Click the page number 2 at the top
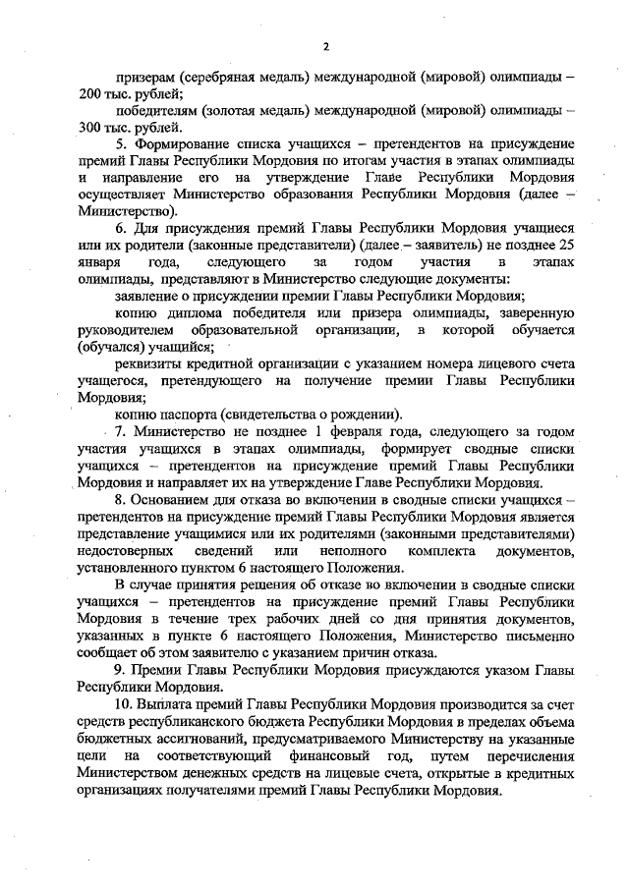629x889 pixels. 325,45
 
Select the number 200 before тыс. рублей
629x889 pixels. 91,93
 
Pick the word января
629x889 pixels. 99,262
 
